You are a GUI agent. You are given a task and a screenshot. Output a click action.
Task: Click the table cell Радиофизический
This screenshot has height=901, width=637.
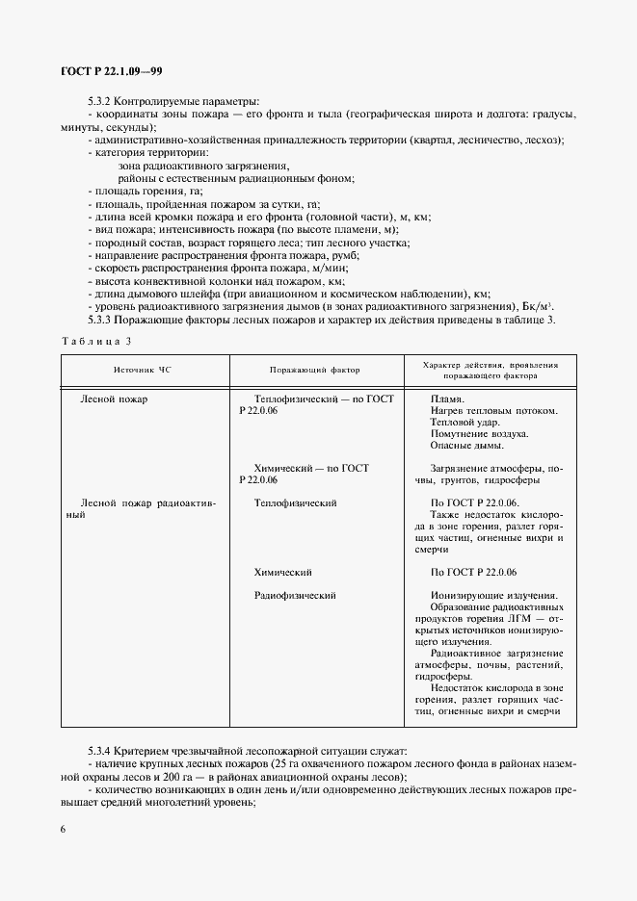[x=295, y=595]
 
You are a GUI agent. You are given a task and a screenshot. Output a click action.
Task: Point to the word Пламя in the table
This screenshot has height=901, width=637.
[x=447, y=399]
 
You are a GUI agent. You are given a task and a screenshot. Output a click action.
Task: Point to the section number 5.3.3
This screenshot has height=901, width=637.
[x=101, y=319]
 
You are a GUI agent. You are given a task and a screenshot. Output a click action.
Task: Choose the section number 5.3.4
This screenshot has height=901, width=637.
[x=101, y=750]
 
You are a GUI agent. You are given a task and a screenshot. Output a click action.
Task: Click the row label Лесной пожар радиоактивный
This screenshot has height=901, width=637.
[x=147, y=508]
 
